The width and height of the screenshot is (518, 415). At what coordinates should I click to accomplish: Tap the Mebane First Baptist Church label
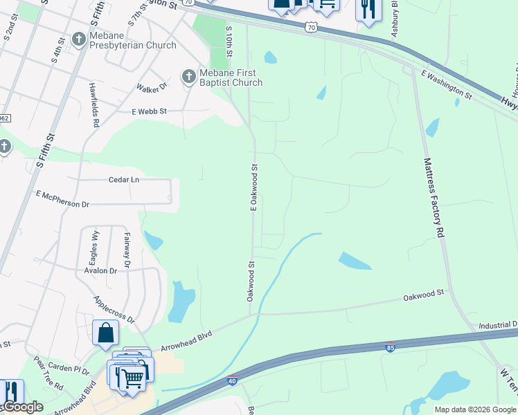222,77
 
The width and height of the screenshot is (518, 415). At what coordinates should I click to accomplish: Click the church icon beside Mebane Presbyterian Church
80,40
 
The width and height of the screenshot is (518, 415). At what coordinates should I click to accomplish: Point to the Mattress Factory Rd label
433,198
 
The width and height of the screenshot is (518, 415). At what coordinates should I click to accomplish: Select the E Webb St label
149,111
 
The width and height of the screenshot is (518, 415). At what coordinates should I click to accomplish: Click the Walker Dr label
152,88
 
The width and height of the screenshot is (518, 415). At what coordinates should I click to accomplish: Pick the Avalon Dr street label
100,270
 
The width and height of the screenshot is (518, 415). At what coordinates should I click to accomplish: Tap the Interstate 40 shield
232,380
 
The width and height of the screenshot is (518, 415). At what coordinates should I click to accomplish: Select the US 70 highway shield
312,26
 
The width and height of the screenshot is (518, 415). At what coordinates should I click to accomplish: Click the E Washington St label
446,84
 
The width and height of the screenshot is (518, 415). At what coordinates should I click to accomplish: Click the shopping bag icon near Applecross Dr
105,333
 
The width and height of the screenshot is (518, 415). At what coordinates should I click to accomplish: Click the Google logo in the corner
22,407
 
